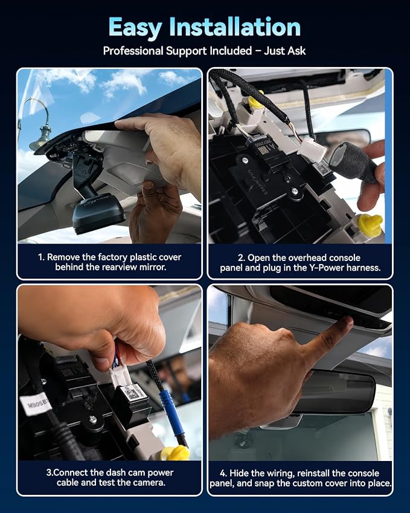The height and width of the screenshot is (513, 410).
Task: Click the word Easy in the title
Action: coord(135,28)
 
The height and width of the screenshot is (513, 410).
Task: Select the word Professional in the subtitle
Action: coord(133,51)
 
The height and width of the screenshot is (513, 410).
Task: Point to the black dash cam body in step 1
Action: coord(97,213)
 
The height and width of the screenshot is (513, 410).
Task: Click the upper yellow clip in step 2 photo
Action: coord(256,102)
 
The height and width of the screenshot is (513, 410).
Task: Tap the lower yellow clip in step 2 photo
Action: coord(370,225)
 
